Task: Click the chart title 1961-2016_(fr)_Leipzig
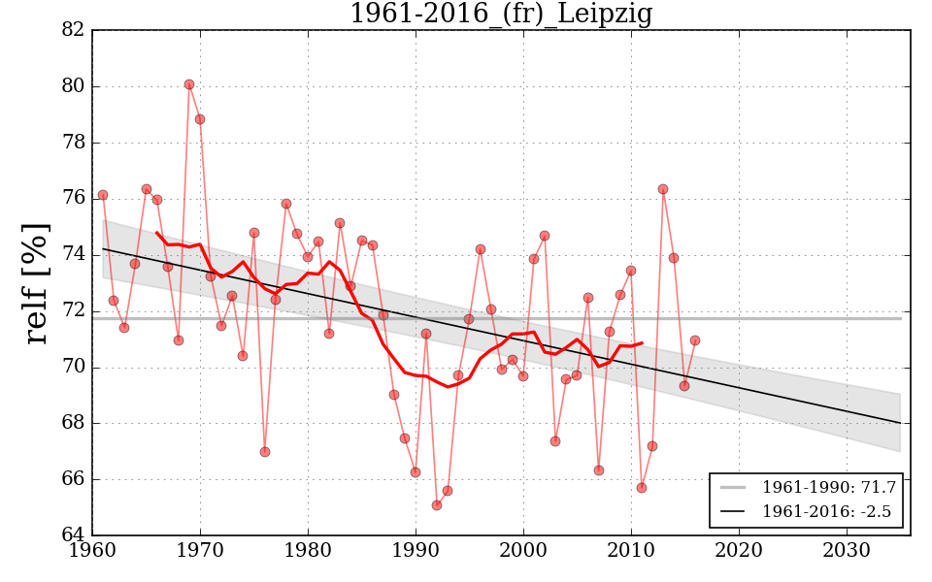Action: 500,15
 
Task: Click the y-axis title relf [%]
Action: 36,282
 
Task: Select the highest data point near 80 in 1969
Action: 189,84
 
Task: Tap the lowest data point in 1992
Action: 437,505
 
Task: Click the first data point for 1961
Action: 103,195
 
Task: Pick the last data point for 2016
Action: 695,340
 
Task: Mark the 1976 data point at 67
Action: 265,452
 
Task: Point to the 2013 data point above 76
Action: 663,189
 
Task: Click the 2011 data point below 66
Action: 642,488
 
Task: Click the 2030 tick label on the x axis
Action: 847,550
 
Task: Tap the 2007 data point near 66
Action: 599,470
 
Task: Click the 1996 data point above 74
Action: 481,249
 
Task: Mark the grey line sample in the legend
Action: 734,486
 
